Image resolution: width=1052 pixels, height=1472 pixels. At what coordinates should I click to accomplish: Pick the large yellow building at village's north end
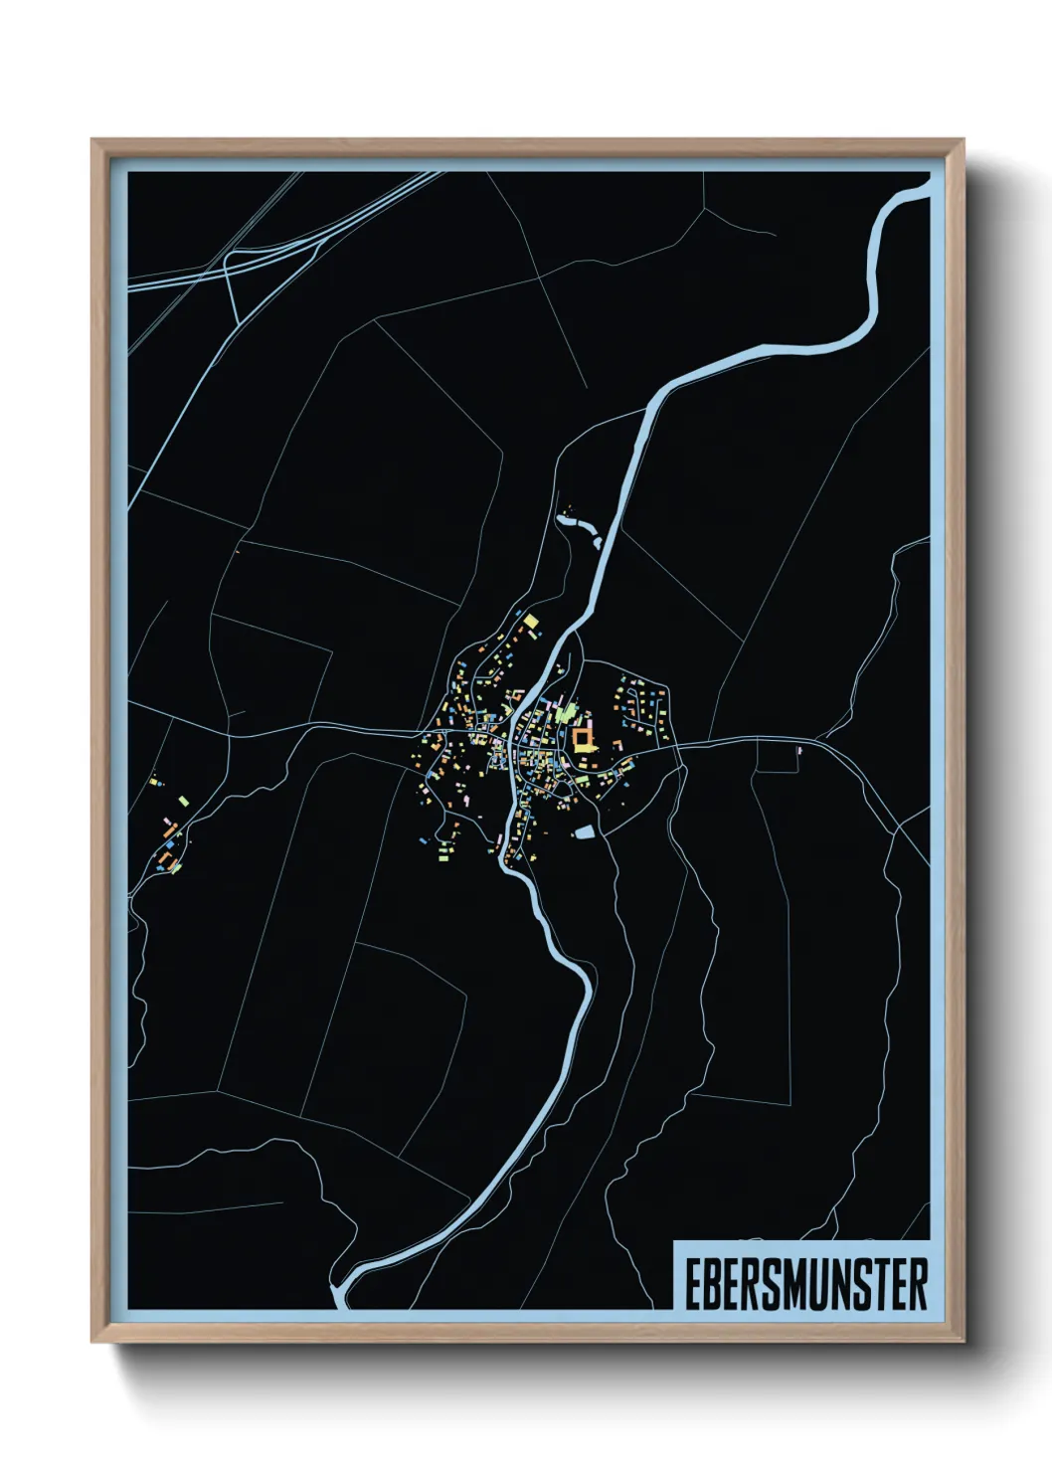[532, 622]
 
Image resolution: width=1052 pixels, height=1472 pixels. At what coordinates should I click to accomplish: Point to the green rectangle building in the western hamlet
[184, 798]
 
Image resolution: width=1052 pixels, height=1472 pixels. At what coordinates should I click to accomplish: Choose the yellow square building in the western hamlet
[155, 783]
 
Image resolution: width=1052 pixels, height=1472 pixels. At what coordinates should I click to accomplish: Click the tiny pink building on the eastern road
[799, 751]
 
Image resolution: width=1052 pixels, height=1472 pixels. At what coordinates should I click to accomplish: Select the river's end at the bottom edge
[340, 1299]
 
